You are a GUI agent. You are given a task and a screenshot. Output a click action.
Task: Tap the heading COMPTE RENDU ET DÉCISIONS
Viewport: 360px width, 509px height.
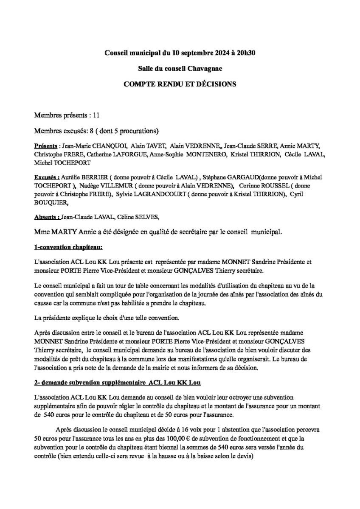[180, 84]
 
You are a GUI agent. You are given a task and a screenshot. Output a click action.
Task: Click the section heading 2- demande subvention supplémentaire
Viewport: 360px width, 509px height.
[118, 383]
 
